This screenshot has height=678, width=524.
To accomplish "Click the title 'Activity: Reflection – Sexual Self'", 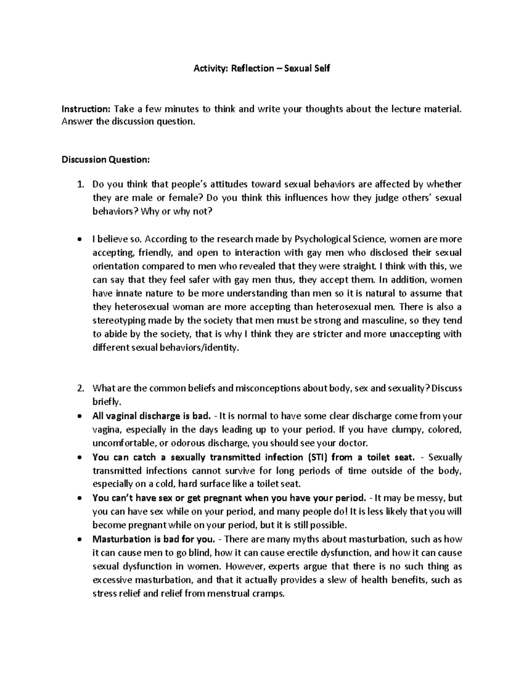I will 262,69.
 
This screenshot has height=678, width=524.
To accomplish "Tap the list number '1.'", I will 79,185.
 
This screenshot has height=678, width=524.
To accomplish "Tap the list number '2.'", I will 79,389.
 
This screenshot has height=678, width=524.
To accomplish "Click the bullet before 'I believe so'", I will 79,240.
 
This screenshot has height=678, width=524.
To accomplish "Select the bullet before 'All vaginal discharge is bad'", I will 79,416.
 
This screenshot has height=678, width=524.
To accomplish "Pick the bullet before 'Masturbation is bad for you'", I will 79,539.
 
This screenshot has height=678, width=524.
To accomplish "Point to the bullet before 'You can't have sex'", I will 79,498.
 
